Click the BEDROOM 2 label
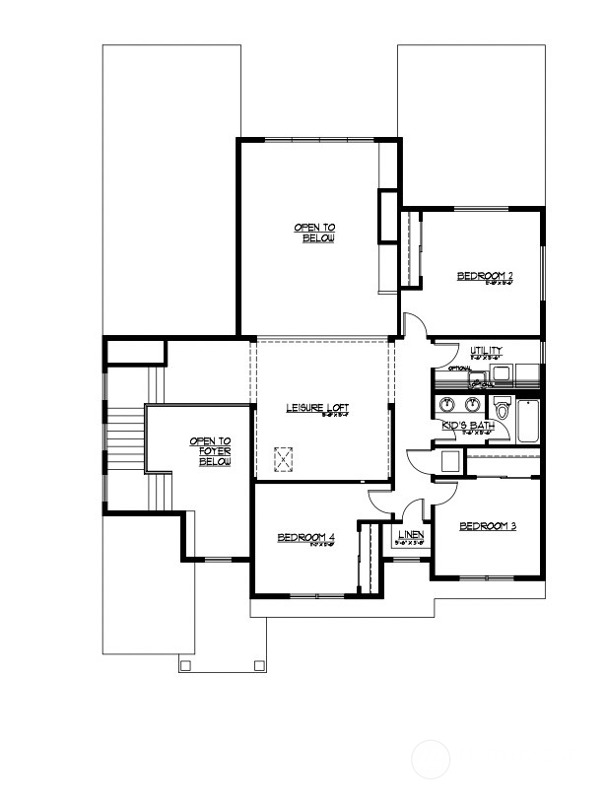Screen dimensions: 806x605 click(486, 276)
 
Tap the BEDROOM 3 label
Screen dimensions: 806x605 click(488, 526)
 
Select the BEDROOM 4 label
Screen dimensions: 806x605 click(306, 537)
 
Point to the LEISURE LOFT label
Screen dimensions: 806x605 click(317, 408)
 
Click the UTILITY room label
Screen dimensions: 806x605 click(486, 351)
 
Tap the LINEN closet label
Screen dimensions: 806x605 click(410, 535)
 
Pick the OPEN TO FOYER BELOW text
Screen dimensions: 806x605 click(210, 451)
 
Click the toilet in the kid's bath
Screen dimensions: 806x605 click(502, 409)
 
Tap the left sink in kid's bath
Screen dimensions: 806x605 click(446, 404)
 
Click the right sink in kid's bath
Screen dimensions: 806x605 click(473, 404)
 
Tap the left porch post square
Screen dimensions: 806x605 click(184, 665)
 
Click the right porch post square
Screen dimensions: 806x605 click(259, 665)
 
